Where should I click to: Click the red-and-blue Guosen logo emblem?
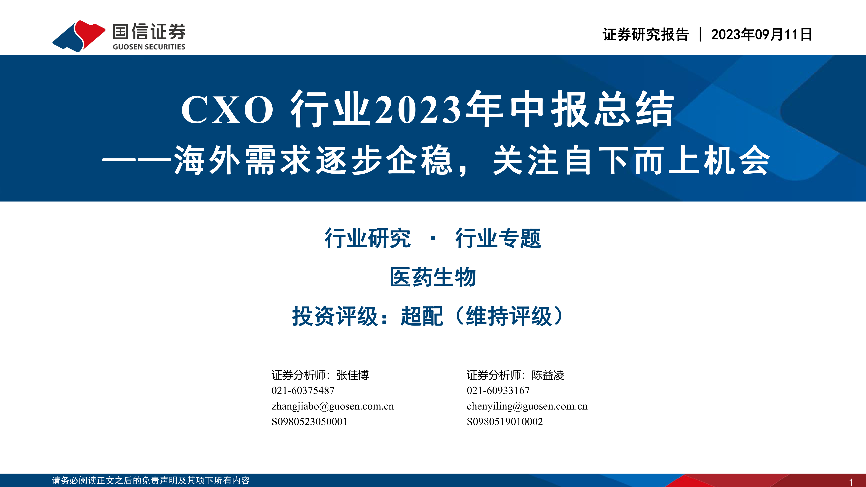click(x=79, y=36)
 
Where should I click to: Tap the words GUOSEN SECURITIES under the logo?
click(x=149, y=47)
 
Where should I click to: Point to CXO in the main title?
click(x=227, y=110)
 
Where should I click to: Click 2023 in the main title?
click(x=418, y=110)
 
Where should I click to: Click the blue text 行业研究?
click(x=367, y=238)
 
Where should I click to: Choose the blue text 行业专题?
click(x=498, y=238)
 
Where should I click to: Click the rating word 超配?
click(x=422, y=316)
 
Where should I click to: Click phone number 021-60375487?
click(x=303, y=390)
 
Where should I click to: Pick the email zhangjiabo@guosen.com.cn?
click(x=333, y=406)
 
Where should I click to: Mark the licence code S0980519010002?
click(x=505, y=422)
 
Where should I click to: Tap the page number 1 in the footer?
click(x=851, y=482)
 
